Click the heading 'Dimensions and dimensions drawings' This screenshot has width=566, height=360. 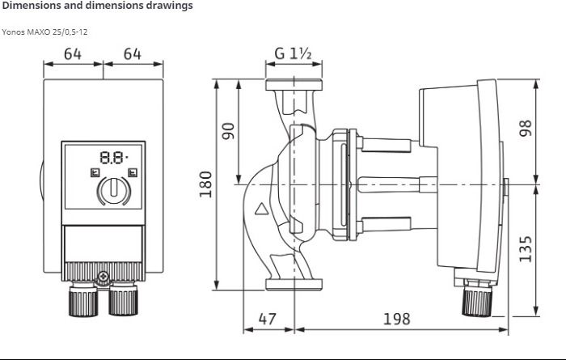(98, 6)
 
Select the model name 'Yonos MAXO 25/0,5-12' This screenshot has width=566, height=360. (44, 32)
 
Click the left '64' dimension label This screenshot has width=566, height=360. (73, 54)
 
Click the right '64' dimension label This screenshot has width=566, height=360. (133, 54)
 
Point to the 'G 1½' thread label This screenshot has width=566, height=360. (293, 54)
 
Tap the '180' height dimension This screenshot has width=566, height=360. (205, 184)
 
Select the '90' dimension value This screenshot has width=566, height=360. (228, 131)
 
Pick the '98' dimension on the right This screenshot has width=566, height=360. (526, 128)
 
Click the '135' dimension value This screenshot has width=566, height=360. (526, 249)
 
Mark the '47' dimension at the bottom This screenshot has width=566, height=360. (268, 319)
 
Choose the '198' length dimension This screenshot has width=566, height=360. (397, 319)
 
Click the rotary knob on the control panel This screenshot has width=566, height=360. (114, 191)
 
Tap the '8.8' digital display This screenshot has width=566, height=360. (113, 158)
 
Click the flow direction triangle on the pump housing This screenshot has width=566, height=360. (261, 209)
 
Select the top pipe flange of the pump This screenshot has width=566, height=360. (294, 85)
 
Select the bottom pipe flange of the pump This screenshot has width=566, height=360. (294, 284)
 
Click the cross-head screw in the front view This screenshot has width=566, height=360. (103, 277)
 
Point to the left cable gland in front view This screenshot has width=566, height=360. (83, 299)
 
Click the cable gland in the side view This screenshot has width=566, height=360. (477, 298)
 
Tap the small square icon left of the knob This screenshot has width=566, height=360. (95, 172)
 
